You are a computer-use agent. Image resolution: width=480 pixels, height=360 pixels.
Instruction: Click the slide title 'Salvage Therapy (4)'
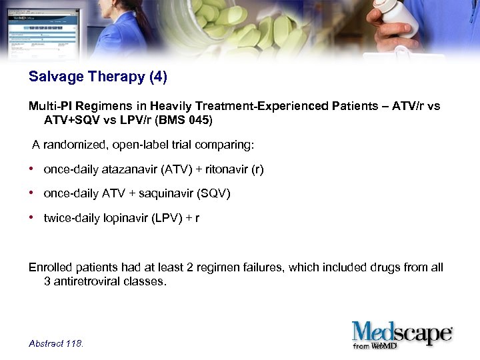(98, 77)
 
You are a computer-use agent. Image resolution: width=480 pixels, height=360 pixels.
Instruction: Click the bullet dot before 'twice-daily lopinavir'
(32, 217)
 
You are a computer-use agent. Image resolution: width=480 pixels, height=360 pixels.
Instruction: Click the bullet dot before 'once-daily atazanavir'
(32, 169)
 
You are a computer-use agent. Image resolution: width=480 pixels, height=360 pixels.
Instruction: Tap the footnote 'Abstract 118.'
(56, 343)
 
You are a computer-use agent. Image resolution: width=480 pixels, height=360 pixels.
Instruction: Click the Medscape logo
(402, 333)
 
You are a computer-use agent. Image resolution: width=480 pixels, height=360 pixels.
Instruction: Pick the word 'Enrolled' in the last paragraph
(49, 268)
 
